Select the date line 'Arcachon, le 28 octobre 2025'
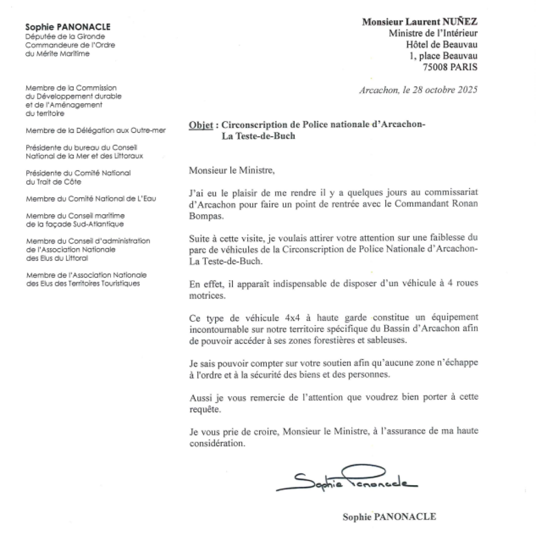coord(418,90)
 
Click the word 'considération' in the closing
coord(217,443)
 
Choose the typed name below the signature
coord(389,517)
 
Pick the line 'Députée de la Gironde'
coord(65,37)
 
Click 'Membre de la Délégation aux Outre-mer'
coord(96,130)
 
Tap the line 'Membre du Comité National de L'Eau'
coord(91,198)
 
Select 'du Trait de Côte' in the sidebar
coord(53,181)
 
